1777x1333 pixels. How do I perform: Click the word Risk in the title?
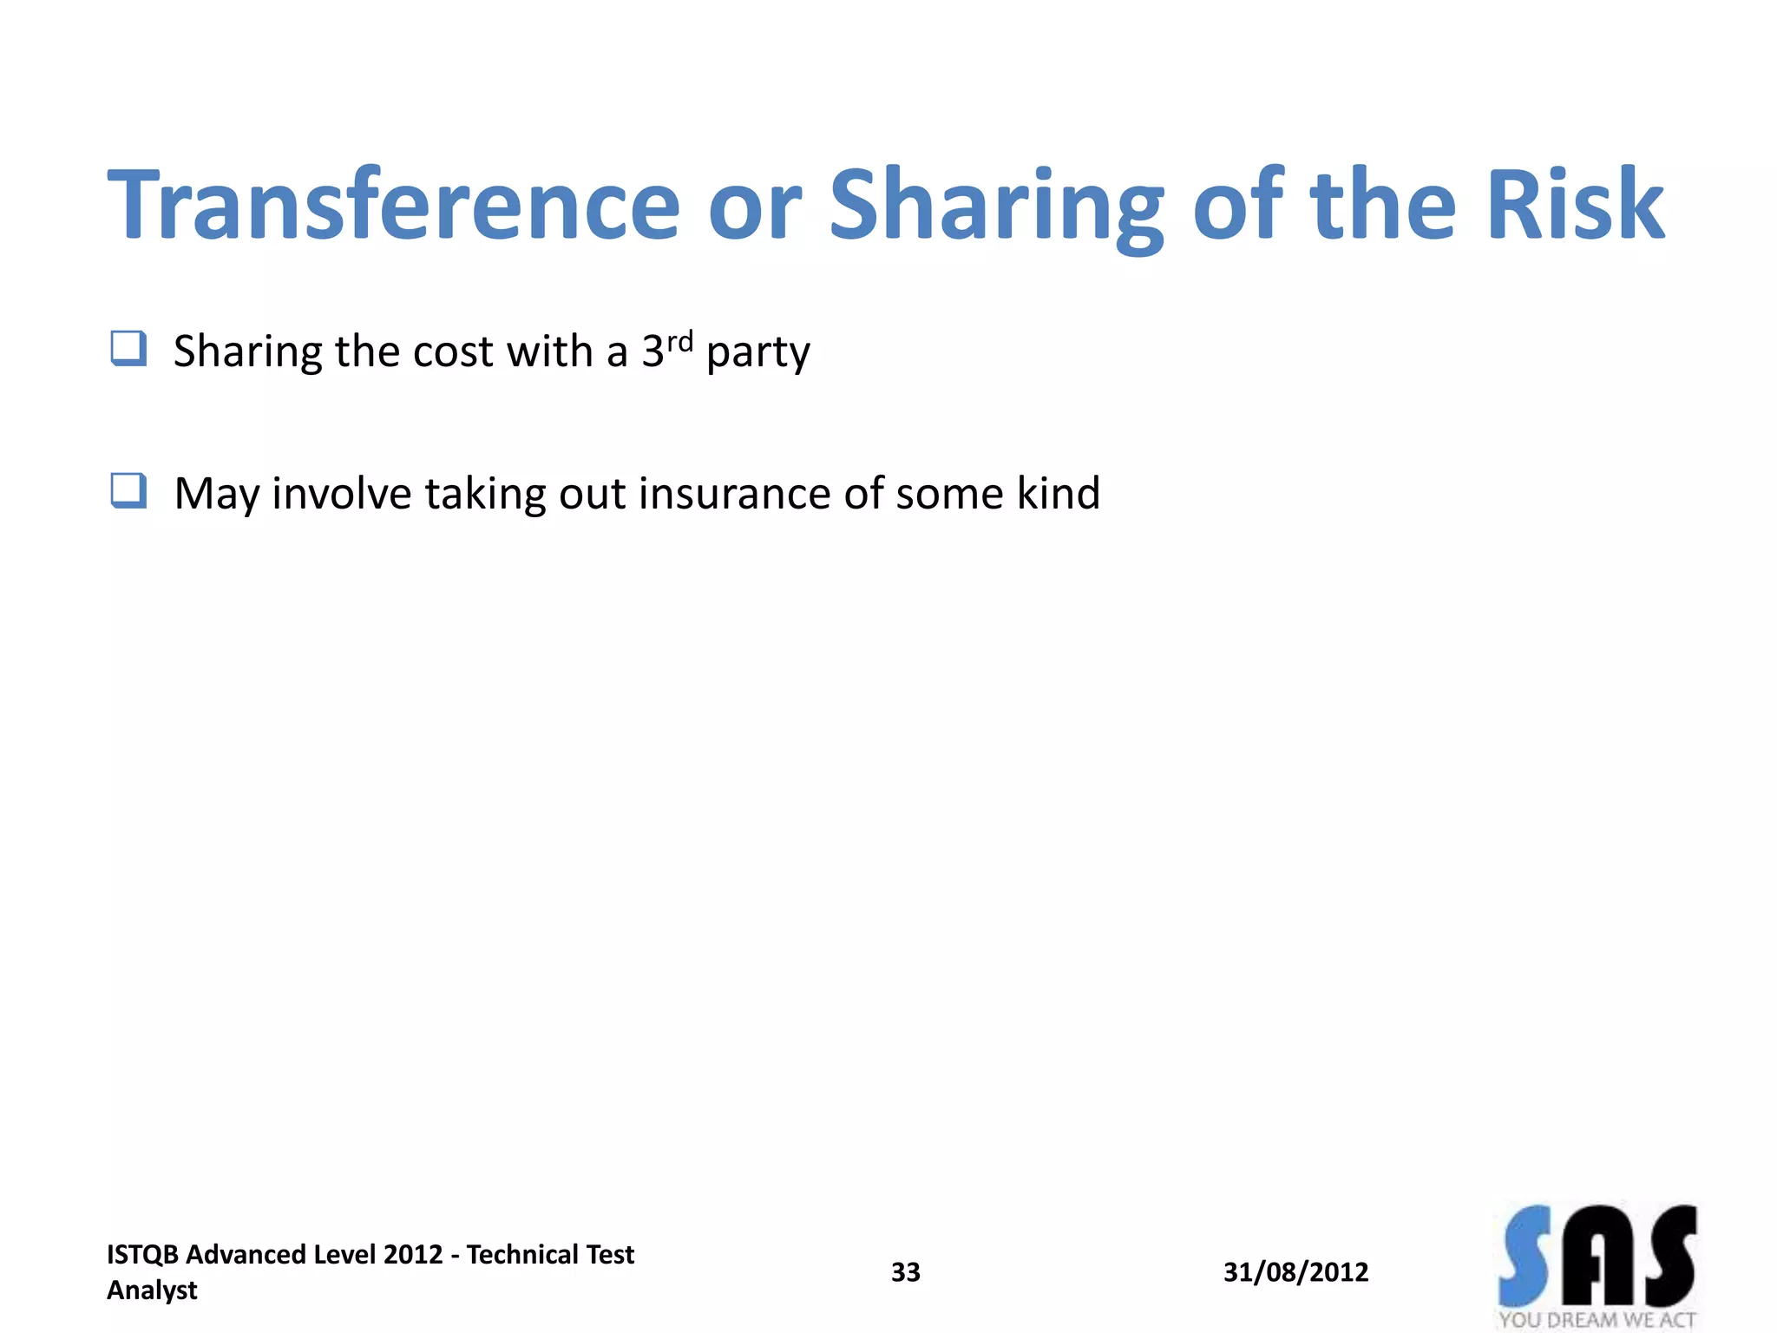[1575, 206]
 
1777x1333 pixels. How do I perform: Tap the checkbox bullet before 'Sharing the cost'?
[128, 349]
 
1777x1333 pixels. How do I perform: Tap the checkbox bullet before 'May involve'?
[128, 491]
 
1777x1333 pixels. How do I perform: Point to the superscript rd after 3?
[680, 340]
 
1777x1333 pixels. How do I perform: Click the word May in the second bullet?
[216, 495]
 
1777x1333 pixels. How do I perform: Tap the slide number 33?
[905, 1272]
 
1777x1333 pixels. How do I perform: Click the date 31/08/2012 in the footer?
[1295, 1272]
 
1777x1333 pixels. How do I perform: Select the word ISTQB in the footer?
[142, 1255]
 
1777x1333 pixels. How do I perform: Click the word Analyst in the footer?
[152, 1290]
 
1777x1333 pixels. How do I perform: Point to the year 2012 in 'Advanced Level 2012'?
[412, 1255]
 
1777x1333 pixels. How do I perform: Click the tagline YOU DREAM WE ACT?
[1597, 1320]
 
